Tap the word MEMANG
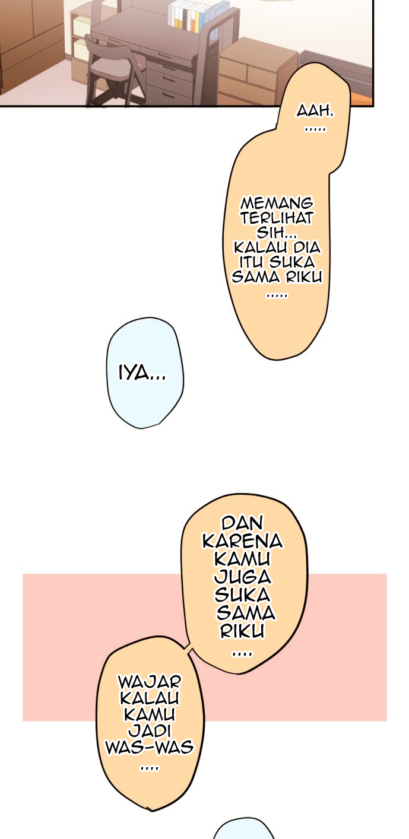click(x=277, y=204)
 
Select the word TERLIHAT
click(x=277, y=218)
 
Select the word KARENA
click(x=243, y=541)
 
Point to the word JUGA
click(x=243, y=577)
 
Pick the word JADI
click(x=150, y=730)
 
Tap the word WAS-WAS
click(x=150, y=747)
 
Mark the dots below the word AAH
click(x=315, y=129)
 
